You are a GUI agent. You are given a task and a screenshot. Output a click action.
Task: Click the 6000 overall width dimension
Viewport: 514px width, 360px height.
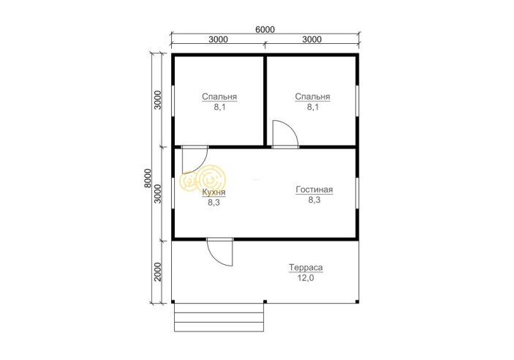pos(265,29)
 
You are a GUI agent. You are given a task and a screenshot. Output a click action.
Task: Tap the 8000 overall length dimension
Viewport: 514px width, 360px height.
pos(148,178)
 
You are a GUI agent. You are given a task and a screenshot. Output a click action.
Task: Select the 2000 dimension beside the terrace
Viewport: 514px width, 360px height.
pos(158,271)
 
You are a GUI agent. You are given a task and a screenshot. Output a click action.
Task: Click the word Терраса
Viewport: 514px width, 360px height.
pos(306,268)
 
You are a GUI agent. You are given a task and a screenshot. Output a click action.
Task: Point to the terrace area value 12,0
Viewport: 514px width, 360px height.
pos(306,278)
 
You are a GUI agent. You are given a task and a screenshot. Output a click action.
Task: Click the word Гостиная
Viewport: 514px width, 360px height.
pos(314,190)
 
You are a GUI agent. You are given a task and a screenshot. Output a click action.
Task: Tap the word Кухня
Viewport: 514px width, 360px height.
pos(213,192)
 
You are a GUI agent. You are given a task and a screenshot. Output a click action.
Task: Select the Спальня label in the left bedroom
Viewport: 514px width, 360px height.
pos(219,97)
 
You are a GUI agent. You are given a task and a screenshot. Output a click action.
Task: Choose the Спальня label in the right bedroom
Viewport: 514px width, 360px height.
pos(312,97)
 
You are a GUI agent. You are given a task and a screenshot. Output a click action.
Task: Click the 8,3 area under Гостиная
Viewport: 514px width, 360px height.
pos(314,200)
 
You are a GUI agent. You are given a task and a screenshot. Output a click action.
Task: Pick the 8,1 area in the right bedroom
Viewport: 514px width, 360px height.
pos(313,107)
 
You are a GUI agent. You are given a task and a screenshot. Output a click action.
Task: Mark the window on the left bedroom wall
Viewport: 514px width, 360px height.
pos(173,101)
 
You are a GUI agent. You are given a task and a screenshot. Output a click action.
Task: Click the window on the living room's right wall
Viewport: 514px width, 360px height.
pos(358,193)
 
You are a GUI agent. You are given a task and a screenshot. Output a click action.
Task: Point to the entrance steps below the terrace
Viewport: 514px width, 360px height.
pos(219,318)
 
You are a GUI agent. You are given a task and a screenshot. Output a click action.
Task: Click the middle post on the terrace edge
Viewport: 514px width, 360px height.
pos(265,301)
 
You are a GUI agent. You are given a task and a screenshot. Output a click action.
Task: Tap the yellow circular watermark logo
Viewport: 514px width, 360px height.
pos(203,179)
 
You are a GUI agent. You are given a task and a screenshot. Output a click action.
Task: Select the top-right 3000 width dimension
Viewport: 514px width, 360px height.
pos(311,40)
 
